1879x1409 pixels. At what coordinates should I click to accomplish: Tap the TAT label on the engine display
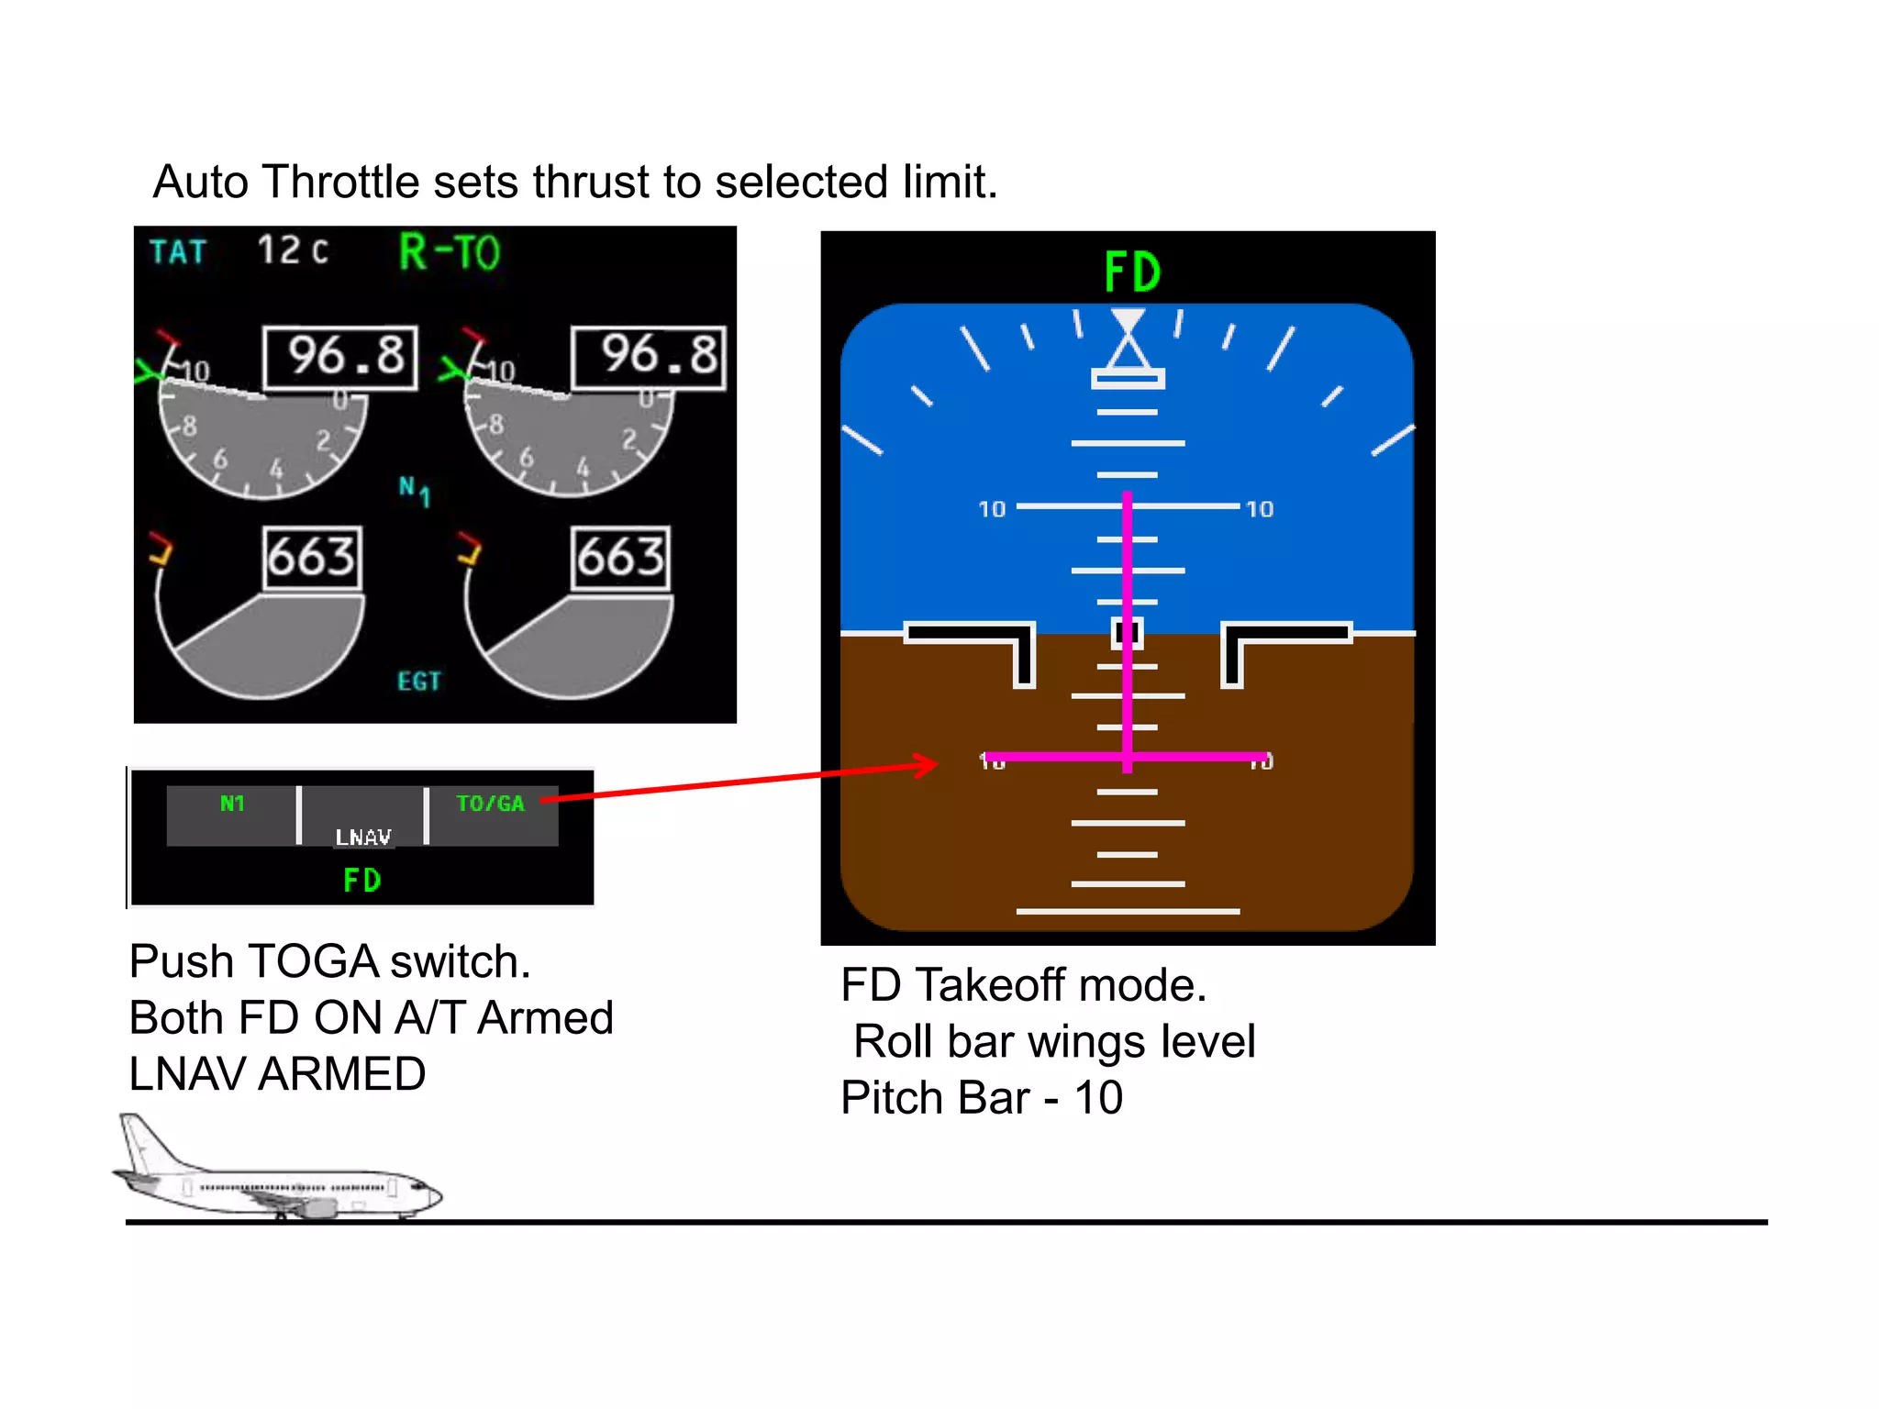178,251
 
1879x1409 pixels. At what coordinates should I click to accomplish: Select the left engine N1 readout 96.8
341,357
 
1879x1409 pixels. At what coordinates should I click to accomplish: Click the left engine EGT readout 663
312,557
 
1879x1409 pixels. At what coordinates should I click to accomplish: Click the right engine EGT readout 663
620,557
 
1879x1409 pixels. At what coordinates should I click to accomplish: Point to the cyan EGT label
419,681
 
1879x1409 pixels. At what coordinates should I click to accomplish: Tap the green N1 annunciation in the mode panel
232,804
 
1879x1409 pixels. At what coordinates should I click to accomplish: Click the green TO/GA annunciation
490,804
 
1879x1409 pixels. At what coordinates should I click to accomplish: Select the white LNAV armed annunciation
363,837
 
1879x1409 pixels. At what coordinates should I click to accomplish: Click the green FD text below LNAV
361,881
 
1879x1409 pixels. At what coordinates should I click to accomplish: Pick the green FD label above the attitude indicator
1132,272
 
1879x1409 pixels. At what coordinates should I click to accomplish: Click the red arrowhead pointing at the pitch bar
927,764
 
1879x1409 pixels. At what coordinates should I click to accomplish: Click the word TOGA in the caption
313,961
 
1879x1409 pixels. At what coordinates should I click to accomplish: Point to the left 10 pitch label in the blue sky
992,509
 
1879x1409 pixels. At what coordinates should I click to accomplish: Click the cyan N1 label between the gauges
414,490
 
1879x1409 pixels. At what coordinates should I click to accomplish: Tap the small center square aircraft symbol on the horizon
1127,632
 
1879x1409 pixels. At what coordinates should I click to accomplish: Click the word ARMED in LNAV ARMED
341,1074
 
